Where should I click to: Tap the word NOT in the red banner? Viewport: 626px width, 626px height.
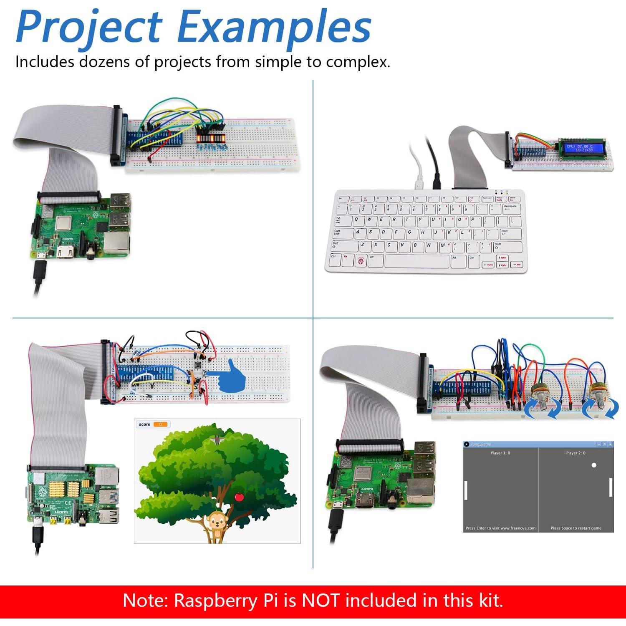click(321, 601)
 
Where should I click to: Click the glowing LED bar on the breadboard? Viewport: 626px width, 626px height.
click(211, 138)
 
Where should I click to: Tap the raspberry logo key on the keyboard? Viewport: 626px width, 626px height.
click(361, 261)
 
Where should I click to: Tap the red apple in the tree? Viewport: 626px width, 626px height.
click(239, 497)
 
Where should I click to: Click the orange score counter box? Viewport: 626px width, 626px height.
click(161, 424)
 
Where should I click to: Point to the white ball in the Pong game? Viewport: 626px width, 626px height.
click(594, 465)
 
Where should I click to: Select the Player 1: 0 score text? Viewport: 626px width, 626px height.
click(500, 453)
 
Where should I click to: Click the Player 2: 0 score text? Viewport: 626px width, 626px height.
click(576, 453)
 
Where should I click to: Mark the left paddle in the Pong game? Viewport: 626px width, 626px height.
click(466, 490)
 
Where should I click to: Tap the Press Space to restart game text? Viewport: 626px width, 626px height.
click(576, 528)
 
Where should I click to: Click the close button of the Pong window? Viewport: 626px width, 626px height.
click(610, 444)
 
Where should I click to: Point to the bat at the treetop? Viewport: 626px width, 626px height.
click(216, 439)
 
